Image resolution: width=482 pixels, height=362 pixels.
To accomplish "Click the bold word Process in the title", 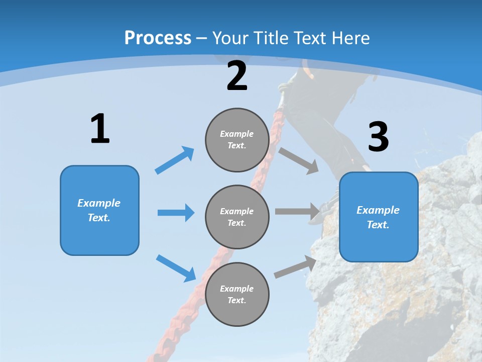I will tap(158, 38).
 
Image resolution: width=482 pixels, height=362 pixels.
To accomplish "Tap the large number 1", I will tap(100, 129).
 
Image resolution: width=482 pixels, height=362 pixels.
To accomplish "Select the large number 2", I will tap(237, 76).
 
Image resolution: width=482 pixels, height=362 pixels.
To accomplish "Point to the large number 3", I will tap(378, 137).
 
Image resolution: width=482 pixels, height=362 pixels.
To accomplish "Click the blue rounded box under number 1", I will tap(99, 210).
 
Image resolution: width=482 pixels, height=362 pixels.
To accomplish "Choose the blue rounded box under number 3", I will tap(379, 217).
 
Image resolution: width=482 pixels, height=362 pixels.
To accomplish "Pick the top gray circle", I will tap(237, 140).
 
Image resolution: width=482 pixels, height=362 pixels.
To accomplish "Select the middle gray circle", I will tap(237, 217).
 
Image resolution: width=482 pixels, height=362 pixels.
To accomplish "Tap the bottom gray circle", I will tap(237, 294).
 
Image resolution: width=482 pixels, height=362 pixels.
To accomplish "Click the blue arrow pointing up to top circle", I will tap(175, 160).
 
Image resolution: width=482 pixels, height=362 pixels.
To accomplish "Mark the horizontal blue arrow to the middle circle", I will tap(176, 213).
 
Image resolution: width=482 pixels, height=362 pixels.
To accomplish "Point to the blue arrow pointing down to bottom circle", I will tap(176, 268).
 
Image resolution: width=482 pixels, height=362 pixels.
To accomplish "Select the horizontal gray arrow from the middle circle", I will tap(298, 212).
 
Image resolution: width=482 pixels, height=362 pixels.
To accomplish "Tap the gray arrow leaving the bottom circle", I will tap(295, 267).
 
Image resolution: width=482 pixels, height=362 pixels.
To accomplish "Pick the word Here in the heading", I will tap(351, 38).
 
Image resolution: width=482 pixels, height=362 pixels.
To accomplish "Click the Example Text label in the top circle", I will tap(237, 140).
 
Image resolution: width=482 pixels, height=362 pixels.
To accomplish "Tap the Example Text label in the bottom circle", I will tap(237, 294).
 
